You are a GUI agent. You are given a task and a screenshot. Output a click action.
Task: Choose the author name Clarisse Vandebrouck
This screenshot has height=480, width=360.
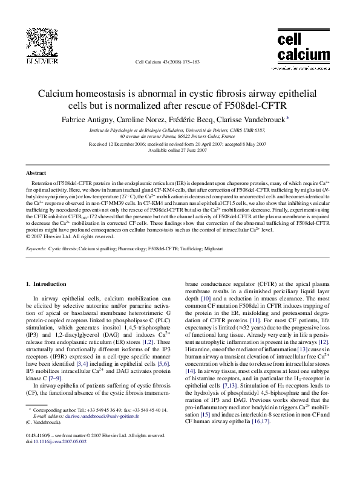(254, 120)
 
